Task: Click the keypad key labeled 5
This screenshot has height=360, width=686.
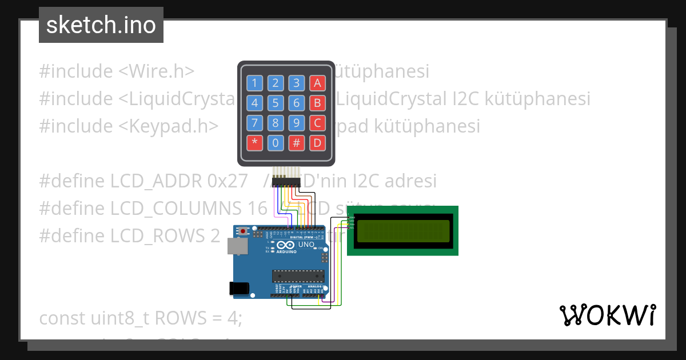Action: coord(276,103)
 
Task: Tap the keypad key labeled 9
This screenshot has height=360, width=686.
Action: coord(296,123)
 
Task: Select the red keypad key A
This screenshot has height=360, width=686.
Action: coord(317,83)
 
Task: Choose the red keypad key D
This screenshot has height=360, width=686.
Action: coord(317,143)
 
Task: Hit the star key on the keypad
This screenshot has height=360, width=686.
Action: coord(254,143)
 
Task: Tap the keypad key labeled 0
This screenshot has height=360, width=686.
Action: coord(276,143)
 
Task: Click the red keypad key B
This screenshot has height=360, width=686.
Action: coord(317,103)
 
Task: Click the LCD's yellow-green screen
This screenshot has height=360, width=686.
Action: coord(402,230)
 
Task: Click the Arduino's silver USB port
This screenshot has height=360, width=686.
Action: coord(235,246)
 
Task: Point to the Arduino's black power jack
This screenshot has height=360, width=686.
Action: coord(238,289)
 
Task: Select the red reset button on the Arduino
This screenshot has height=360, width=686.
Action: coord(244,231)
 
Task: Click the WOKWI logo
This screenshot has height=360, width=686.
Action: coord(608,315)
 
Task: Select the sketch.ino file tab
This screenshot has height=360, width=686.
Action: coord(101,25)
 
